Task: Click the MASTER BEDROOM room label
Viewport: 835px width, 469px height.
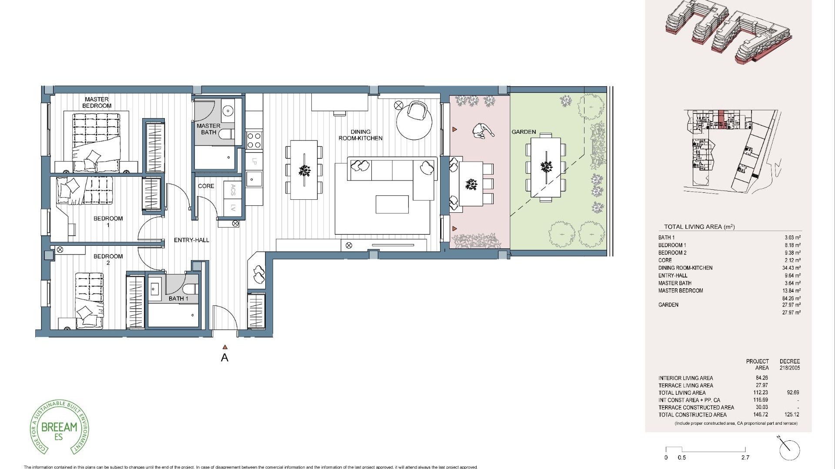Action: click(x=97, y=102)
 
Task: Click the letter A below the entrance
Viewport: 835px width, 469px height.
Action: click(x=224, y=358)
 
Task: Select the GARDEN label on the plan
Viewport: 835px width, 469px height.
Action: click(x=524, y=132)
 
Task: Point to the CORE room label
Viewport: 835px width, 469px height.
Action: click(x=206, y=186)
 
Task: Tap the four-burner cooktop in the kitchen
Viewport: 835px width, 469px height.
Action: click(x=254, y=140)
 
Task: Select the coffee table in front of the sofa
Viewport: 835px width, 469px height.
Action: click(x=392, y=204)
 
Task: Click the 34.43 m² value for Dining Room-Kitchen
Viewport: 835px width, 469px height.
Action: click(x=791, y=268)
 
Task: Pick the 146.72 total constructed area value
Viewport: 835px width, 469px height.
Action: click(x=762, y=415)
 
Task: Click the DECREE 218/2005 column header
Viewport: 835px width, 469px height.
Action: click(x=789, y=364)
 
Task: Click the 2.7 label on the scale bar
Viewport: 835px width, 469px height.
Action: click(x=745, y=457)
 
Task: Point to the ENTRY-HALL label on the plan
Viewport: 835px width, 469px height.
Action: click(x=191, y=240)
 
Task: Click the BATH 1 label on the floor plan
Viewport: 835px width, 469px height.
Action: click(x=178, y=298)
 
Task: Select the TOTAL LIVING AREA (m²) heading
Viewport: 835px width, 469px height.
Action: click(x=699, y=227)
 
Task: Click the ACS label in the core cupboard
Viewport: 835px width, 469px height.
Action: click(x=234, y=189)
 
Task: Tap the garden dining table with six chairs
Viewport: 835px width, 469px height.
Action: click(x=545, y=166)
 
